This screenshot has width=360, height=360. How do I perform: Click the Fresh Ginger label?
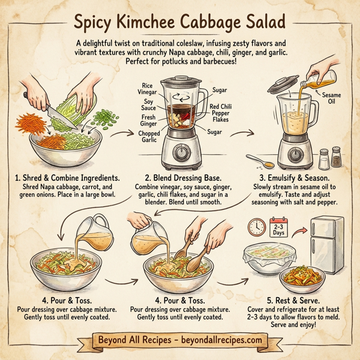[x=149, y=121]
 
